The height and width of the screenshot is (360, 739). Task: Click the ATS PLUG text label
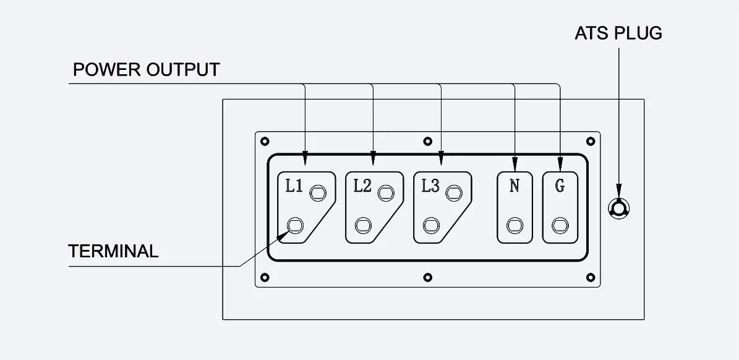pos(618,33)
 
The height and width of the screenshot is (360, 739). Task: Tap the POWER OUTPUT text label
pos(146,70)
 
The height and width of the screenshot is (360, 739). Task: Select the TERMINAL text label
pos(113,251)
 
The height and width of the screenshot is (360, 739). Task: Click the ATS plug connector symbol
pos(618,208)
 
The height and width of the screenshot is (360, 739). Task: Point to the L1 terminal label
pos(294,186)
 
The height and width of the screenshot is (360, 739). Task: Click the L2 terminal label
pos(362,186)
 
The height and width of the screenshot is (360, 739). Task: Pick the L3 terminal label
pos(430,186)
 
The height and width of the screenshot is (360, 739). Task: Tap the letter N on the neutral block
pos(514,186)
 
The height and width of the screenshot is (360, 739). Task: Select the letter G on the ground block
pos(560,186)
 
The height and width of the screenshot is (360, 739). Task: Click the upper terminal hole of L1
pos(318,193)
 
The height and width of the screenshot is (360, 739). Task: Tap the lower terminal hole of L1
pos(295,225)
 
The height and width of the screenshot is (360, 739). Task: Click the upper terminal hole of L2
pos(386,193)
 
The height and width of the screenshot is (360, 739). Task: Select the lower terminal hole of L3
pos(431,225)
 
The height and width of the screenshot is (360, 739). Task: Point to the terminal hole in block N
pos(515,225)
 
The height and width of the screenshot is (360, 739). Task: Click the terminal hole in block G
pos(560,225)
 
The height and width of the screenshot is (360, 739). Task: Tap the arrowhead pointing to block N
pos(515,165)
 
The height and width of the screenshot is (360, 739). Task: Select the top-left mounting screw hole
pos(265,142)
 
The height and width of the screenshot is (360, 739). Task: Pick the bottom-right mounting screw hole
pos(591,278)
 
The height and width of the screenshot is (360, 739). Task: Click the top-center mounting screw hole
pos(427,142)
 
